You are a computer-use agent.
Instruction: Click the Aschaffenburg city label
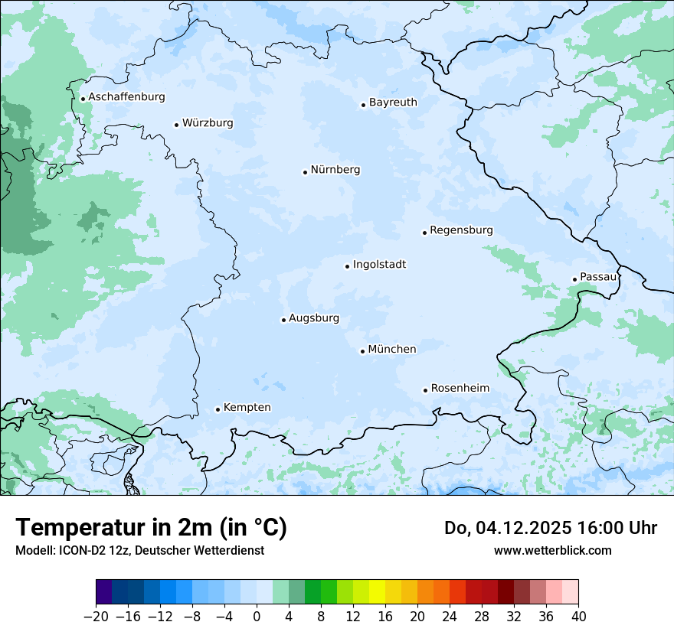126,97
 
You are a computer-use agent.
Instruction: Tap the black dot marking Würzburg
176,125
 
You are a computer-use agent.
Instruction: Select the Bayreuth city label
393,103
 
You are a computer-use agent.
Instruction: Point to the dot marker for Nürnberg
305,172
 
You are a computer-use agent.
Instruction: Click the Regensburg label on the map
461,230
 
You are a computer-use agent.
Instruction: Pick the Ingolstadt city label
379,265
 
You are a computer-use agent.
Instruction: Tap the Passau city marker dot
574,279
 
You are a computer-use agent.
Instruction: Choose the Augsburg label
313,318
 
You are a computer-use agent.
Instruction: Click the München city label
392,350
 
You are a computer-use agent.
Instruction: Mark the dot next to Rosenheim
425,390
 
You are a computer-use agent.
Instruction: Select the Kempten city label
247,408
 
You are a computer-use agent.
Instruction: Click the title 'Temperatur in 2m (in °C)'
151,528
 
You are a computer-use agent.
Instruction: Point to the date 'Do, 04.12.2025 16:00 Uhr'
550,528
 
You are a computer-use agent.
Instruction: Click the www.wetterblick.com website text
552,550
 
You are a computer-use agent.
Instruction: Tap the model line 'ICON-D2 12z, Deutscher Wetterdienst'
139,550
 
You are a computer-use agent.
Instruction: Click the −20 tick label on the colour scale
96,617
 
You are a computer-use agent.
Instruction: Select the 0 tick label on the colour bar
257,617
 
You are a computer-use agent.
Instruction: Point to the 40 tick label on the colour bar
578,617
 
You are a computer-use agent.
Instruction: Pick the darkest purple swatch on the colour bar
104,592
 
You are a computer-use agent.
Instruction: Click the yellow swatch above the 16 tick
377,592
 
